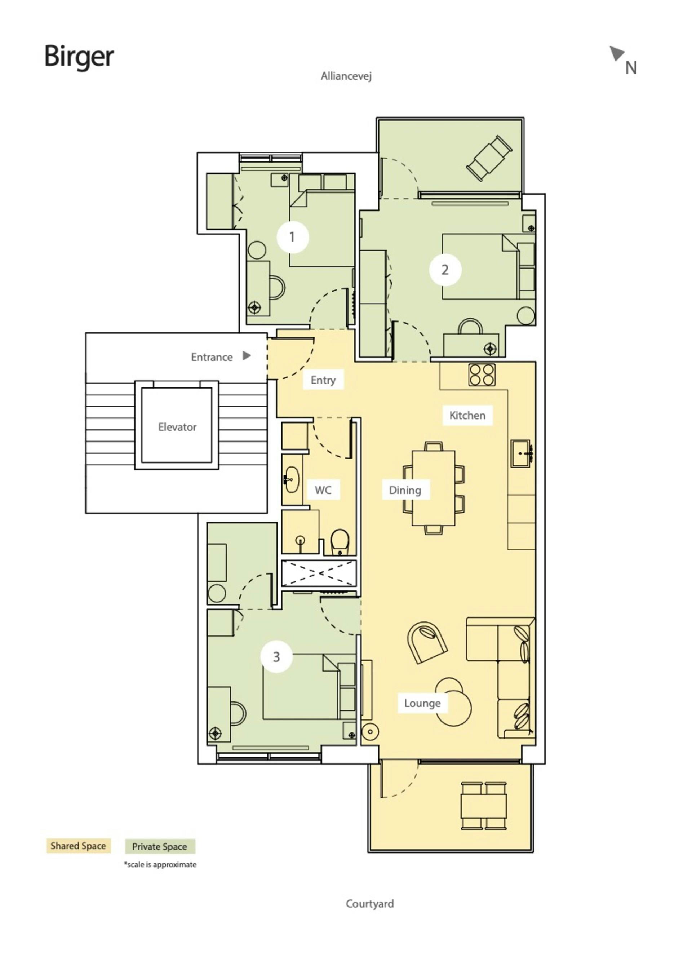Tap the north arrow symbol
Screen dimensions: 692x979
[x=617, y=53]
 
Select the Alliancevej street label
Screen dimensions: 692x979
[x=346, y=76]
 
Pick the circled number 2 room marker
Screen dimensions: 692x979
[x=445, y=270]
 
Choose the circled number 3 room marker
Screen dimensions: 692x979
[x=276, y=657]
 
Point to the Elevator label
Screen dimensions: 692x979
[x=177, y=427]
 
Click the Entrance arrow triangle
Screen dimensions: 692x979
[x=247, y=356]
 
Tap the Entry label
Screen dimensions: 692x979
[x=323, y=380]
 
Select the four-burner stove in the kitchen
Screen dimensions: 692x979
[x=482, y=375]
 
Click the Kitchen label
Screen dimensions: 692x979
[x=467, y=415]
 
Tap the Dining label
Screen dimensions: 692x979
[x=405, y=490]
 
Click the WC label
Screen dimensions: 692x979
[x=323, y=490]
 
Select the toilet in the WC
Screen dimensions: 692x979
[x=340, y=542]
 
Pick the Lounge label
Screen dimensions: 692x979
[x=422, y=703]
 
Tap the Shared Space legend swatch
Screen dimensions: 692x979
[x=79, y=846]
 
